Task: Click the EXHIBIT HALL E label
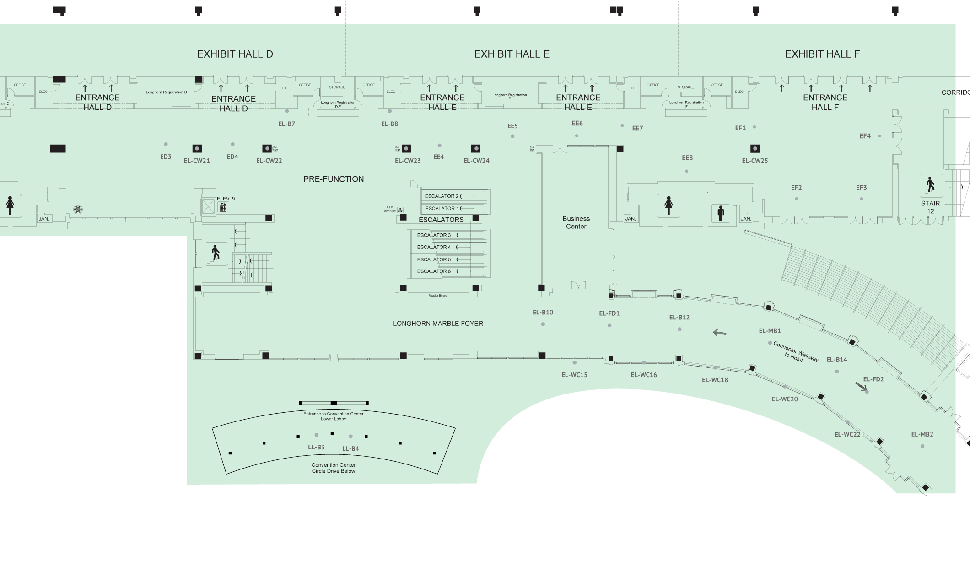tap(512, 54)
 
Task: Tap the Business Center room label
tap(576, 222)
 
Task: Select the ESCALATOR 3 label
tap(434, 235)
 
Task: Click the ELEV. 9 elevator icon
tap(223, 208)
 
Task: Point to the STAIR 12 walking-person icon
tap(931, 185)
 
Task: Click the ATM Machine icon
tap(400, 210)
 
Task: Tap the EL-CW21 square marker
tap(197, 148)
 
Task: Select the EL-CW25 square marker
tap(755, 148)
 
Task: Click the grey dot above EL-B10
tap(543, 324)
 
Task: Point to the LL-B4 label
tap(350, 448)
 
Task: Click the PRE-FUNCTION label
tap(334, 179)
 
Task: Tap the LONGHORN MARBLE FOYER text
tap(438, 323)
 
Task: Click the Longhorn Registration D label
tap(166, 92)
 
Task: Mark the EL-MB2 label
tap(922, 434)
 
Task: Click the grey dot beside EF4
tap(879, 136)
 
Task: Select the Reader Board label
tap(437, 296)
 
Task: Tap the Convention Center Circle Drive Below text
tap(334, 468)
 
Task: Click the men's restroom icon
tap(721, 213)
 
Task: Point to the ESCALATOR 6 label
tap(434, 271)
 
